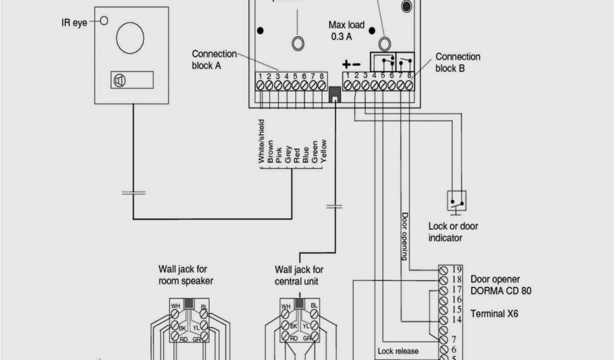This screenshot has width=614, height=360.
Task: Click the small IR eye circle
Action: tap(104, 21)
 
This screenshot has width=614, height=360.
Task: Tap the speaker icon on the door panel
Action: tap(119, 80)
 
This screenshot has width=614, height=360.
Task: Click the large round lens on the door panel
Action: tap(130, 37)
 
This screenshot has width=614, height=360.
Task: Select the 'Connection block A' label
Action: tap(214, 59)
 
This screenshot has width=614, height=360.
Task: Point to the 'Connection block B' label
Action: tap(458, 62)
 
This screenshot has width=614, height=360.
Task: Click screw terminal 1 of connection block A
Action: tap(261, 86)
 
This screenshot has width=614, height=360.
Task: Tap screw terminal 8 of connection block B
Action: tap(409, 86)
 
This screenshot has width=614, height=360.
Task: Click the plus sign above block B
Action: tap(346, 64)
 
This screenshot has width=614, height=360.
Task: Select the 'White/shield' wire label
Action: tap(261, 142)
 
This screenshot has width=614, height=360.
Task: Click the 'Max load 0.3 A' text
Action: tap(346, 31)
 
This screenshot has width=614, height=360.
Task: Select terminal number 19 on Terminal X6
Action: tap(457, 269)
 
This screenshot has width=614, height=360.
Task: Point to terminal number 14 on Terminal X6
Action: tap(457, 320)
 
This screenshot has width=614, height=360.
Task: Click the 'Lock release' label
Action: tap(398, 351)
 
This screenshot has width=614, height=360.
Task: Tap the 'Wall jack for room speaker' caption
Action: tap(186, 275)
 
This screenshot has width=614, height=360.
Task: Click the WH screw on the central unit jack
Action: tap(287, 313)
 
